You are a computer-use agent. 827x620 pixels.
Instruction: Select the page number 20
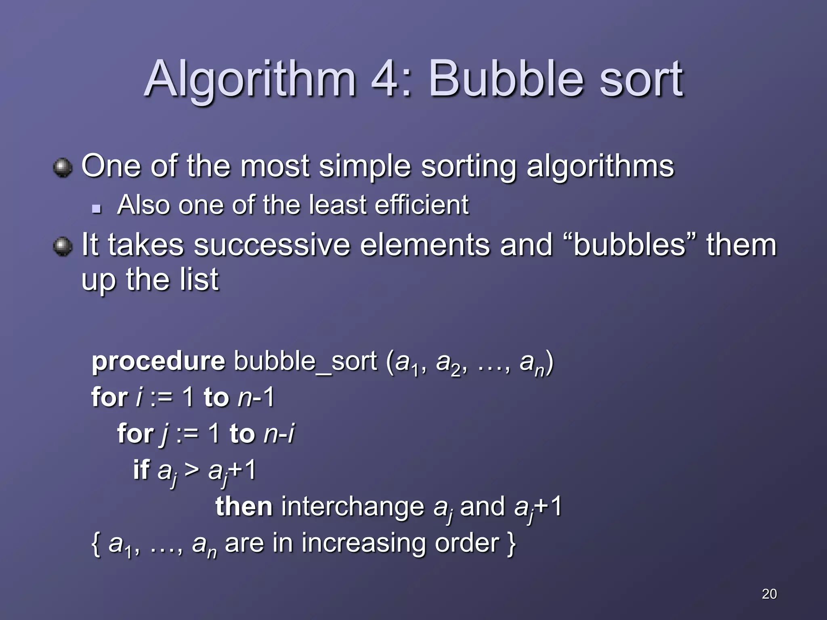(769, 594)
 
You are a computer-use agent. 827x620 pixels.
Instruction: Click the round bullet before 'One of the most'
(63, 168)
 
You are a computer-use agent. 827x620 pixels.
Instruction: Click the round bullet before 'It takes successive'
(63, 246)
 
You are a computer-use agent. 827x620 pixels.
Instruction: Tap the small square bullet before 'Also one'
(96, 209)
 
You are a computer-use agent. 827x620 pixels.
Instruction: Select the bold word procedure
(158, 361)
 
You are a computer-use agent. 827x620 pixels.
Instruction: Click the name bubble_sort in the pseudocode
(305, 361)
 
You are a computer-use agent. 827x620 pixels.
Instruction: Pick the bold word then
(244, 507)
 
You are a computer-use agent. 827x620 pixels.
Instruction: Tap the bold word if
(141, 470)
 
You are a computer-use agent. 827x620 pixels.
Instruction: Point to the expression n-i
(279, 434)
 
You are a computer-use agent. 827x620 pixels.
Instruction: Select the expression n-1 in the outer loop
(256, 397)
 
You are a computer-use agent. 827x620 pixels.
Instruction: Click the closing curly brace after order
(511, 544)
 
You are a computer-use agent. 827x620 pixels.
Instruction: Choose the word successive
(272, 245)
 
